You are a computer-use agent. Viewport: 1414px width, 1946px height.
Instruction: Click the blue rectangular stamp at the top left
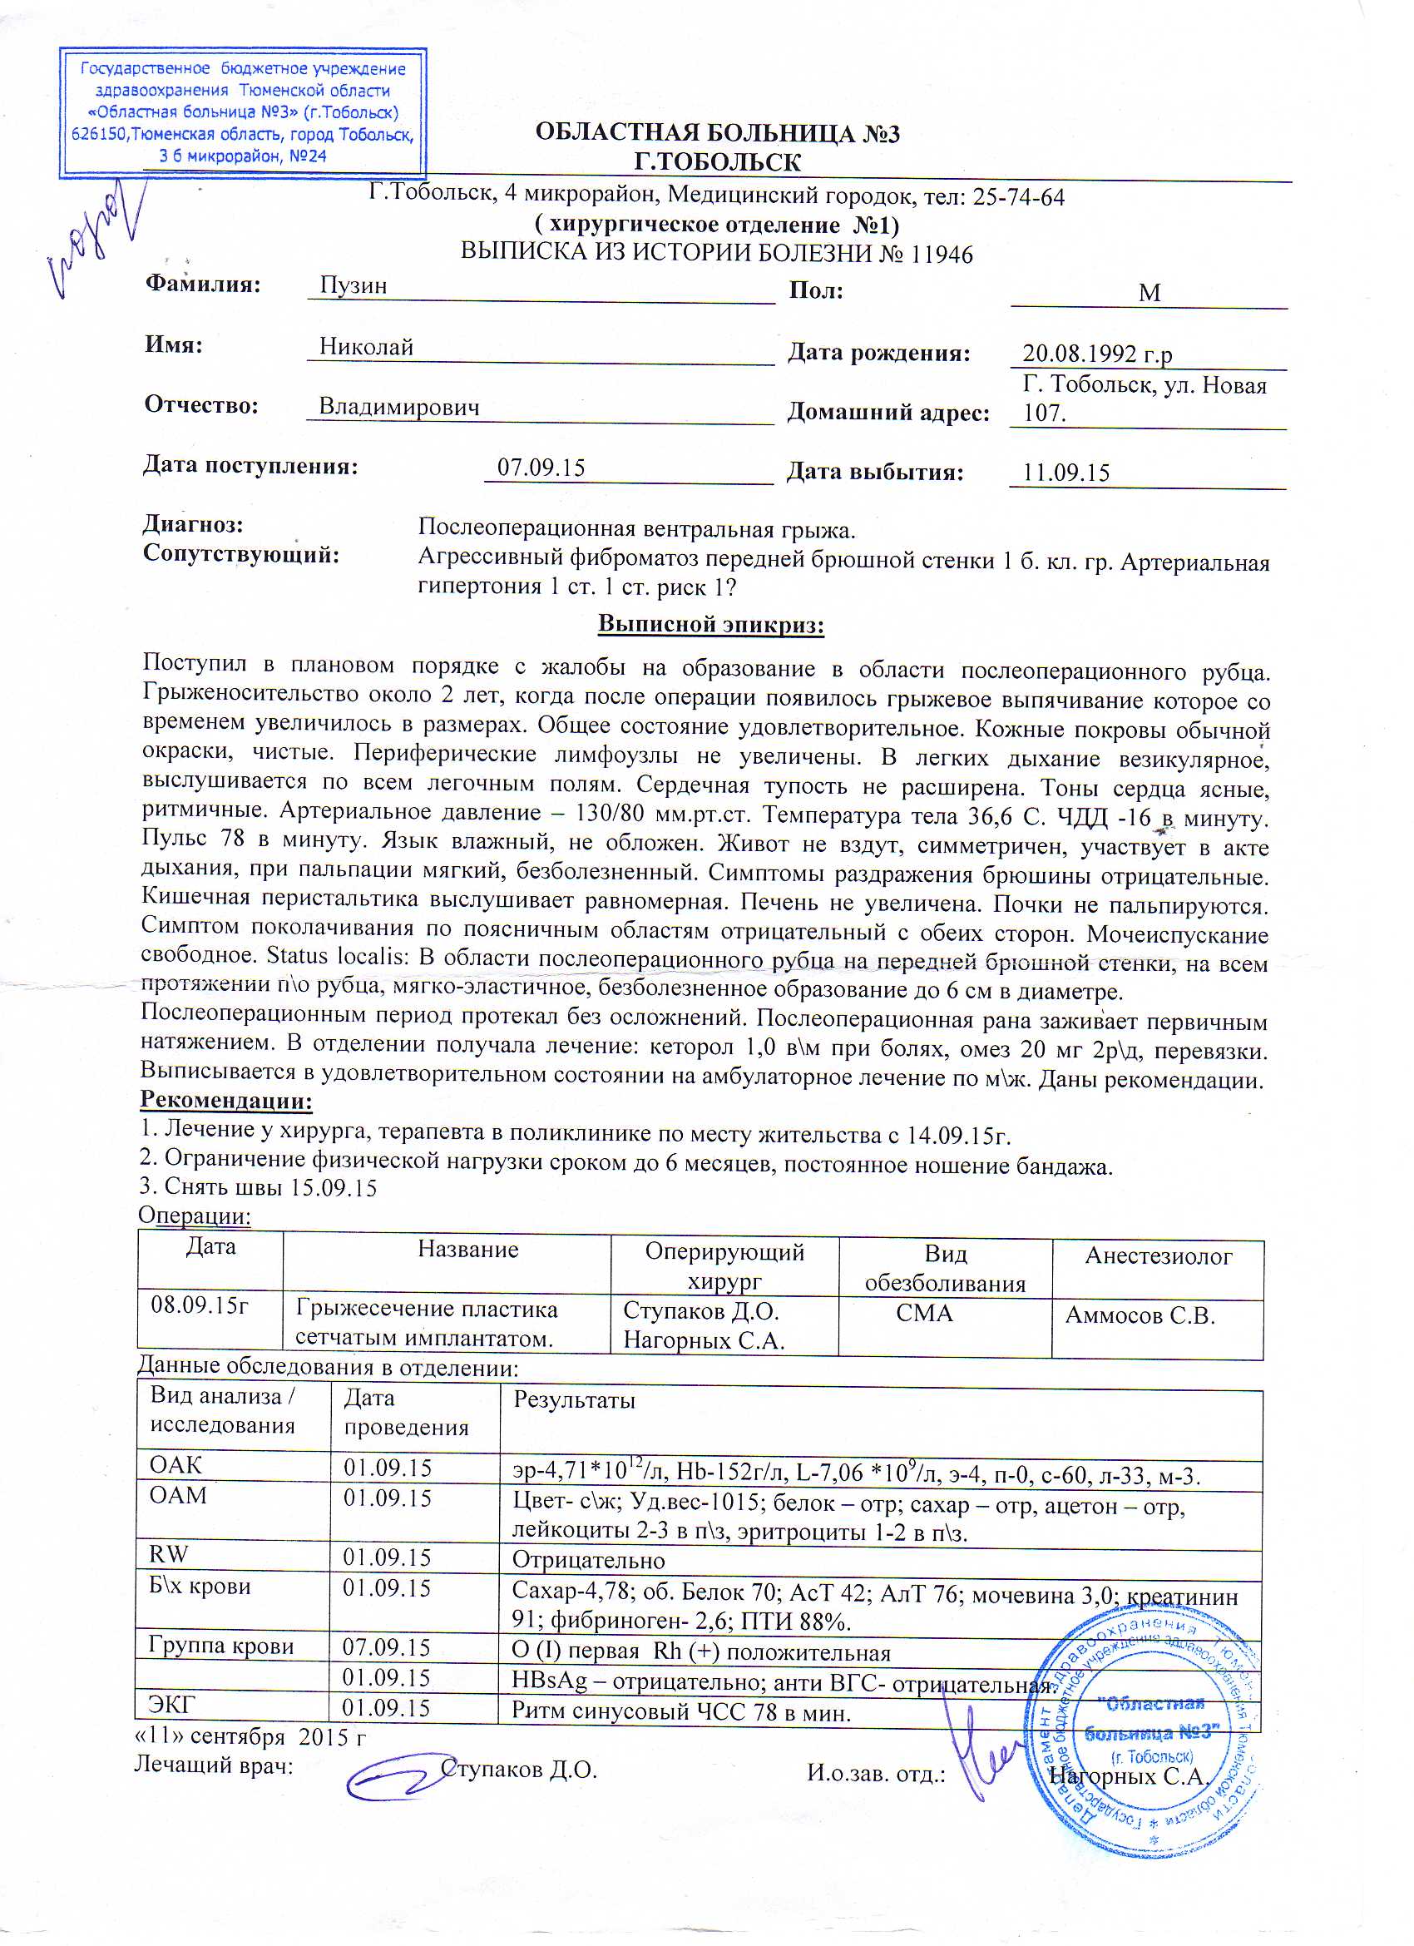coord(242,112)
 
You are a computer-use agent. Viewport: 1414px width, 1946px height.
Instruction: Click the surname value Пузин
coord(353,285)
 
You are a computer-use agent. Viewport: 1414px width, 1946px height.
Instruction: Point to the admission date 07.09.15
coord(541,468)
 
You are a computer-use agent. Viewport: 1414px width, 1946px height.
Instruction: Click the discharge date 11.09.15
coord(1065,473)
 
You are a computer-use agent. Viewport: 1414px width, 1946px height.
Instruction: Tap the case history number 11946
coord(942,255)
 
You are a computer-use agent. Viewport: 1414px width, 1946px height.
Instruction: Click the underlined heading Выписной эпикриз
coord(710,624)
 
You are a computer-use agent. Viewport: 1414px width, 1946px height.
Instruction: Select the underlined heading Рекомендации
coord(225,1100)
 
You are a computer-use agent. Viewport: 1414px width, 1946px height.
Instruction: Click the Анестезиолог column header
coord(1158,1256)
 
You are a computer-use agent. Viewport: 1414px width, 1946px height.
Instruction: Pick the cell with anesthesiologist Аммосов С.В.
coord(1140,1315)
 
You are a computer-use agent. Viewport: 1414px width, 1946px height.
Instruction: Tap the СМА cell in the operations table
coord(924,1313)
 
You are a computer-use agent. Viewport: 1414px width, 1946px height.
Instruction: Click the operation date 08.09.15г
coord(199,1306)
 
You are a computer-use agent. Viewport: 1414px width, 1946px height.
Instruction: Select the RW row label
coord(168,1554)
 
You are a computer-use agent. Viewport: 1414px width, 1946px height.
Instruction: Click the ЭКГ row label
coord(171,1704)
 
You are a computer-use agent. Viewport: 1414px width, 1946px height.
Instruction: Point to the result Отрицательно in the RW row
coord(588,1559)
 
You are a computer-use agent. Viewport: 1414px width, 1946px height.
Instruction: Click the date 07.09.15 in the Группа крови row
coord(386,1647)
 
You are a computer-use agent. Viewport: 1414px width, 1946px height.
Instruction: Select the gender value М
coord(1149,294)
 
